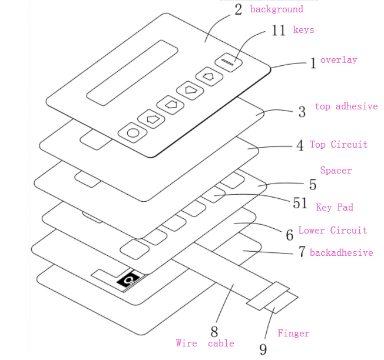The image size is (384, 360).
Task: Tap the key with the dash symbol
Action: (227, 61)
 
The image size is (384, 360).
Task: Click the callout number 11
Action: (279, 31)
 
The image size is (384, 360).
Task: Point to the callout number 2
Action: (238, 10)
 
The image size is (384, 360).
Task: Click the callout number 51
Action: (300, 204)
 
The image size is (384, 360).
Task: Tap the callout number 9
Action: (263, 348)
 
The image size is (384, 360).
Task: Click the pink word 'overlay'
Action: (339, 60)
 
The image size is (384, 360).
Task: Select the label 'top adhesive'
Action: (346, 106)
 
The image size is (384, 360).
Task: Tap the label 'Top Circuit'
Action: (339, 145)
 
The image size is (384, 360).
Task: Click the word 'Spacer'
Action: (336, 171)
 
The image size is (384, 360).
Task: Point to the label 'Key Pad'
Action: (335, 208)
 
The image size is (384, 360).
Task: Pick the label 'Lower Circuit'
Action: (332, 231)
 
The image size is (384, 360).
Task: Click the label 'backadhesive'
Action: (341, 253)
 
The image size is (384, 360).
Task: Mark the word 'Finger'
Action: (293, 334)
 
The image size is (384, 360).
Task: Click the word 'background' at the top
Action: (276, 9)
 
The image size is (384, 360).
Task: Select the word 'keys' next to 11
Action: (303, 30)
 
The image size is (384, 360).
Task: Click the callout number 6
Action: (289, 235)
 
